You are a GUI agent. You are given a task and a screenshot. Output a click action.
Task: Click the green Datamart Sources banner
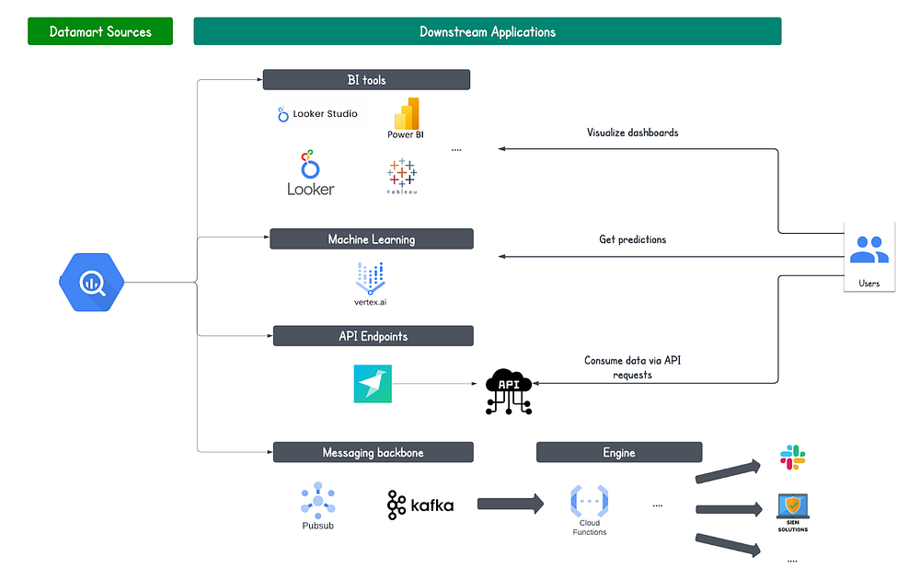pos(101,31)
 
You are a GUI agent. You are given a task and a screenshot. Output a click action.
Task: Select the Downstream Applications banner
pos(487,31)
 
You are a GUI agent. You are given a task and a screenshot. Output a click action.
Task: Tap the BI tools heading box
pos(366,80)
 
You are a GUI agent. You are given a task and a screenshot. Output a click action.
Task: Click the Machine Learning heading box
pos(371,239)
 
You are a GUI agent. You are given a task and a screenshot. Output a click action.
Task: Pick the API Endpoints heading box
pos(373,336)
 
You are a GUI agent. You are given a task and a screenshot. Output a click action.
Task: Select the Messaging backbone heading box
pos(373,452)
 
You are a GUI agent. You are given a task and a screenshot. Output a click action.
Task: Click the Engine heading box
pos(619,452)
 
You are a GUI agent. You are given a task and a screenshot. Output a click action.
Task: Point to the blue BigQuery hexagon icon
pos(92,281)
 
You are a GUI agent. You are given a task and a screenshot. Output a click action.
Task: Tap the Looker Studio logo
pos(317,114)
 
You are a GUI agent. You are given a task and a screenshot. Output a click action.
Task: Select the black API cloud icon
pos(507,389)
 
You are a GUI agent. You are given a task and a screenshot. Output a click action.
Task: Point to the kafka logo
pos(420,505)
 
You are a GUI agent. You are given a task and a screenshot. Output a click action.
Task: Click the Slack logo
pos(792,457)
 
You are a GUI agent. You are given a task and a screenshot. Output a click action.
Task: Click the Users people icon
pos(868,249)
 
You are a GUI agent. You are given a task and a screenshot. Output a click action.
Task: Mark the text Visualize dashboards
pos(632,133)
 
